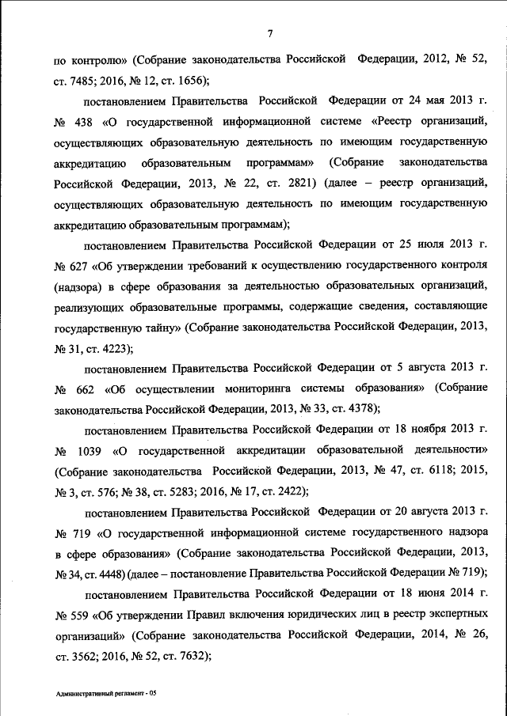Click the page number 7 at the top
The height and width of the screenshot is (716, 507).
pos(269,32)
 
